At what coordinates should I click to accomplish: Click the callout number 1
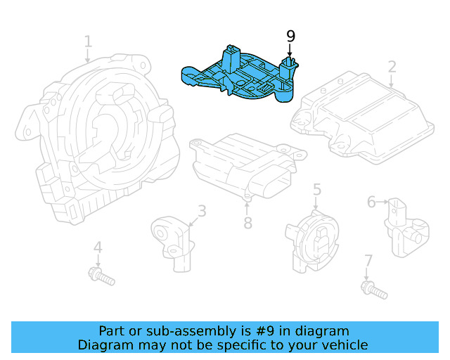click(88, 41)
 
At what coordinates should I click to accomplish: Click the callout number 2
click(392, 67)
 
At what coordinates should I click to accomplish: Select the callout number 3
click(201, 210)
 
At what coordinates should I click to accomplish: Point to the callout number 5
click(317, 188)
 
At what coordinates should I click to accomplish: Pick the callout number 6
click(371, 202)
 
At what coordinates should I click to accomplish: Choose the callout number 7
click(368, 261)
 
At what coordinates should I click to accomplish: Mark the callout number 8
click(247, 224)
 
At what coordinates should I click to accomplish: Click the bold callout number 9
click(290, 36)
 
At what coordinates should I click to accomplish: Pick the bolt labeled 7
click(373, 289)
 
